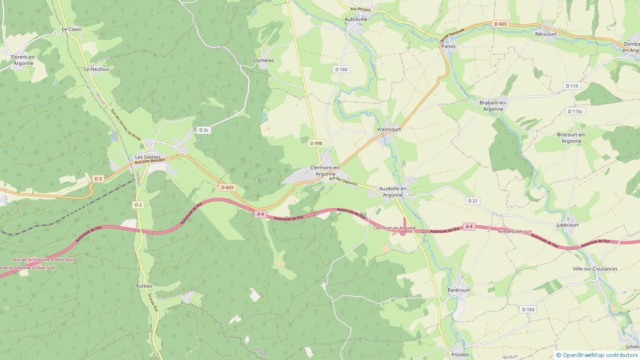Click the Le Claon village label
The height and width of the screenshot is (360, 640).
click(72, 30)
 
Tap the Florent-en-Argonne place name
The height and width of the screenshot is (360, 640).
click(24, 60)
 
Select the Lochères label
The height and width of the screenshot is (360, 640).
click(264, 60)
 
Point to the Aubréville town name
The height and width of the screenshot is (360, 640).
click(356, 20)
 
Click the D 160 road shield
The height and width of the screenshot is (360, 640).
click(341, 69)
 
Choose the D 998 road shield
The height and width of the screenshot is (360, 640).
click(316, 143)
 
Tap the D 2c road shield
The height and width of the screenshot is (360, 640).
click(204, 130)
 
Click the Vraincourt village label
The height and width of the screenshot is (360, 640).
click(389, 129)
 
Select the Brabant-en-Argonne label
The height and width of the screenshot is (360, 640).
click(493, 106)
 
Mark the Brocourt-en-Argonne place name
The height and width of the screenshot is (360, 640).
click(572, 138)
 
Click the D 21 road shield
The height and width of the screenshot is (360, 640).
click(472, 201)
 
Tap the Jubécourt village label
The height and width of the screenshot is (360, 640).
click(568, 225)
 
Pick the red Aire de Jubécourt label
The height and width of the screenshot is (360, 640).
click(515, 232)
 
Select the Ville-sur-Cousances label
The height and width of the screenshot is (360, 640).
click(595, 269)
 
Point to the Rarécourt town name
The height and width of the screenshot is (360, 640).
click(459, 290)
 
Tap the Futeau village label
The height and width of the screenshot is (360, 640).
click(144, 286)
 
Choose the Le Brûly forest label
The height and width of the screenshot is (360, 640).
click(260, 180)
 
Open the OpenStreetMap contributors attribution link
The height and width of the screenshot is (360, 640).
click(600, 355)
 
